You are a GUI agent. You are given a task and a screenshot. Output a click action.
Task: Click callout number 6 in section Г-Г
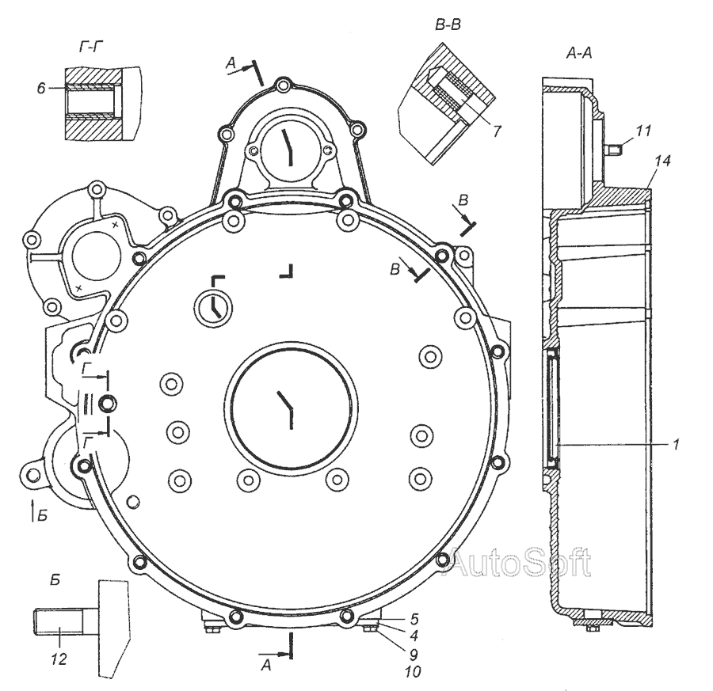(x=41, y=88)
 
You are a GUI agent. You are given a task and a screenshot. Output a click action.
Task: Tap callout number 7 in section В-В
(x=497, y=131)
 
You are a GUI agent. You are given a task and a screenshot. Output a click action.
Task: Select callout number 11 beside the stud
(x=642, y=131)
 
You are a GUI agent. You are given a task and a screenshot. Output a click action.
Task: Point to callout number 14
(x=663, y=161)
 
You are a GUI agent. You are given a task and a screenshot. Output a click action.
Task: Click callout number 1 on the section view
(x=677, y=444)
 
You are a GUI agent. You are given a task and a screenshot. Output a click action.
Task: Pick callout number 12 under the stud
(x=59, y=659)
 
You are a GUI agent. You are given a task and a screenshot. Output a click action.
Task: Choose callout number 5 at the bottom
(x=414, y=619)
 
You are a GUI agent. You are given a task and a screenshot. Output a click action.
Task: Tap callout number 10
(x=413, y=671)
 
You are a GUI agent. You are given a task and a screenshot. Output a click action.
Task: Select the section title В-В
(x=448, y=25)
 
